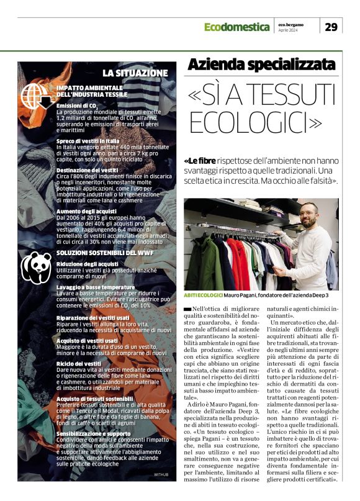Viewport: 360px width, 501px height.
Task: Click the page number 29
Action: click(331, 26)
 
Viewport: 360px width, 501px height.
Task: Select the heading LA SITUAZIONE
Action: click(135, 73)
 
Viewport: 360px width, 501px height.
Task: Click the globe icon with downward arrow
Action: click(37, 96)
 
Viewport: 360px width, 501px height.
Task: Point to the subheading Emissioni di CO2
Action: click(77, 106)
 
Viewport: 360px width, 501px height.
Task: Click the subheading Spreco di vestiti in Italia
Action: click(88, 141)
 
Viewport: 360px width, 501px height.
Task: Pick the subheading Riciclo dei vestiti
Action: click(79, 363)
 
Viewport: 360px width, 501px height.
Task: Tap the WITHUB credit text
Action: click(161, 474)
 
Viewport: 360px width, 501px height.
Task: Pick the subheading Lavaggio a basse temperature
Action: click(96, 287)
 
